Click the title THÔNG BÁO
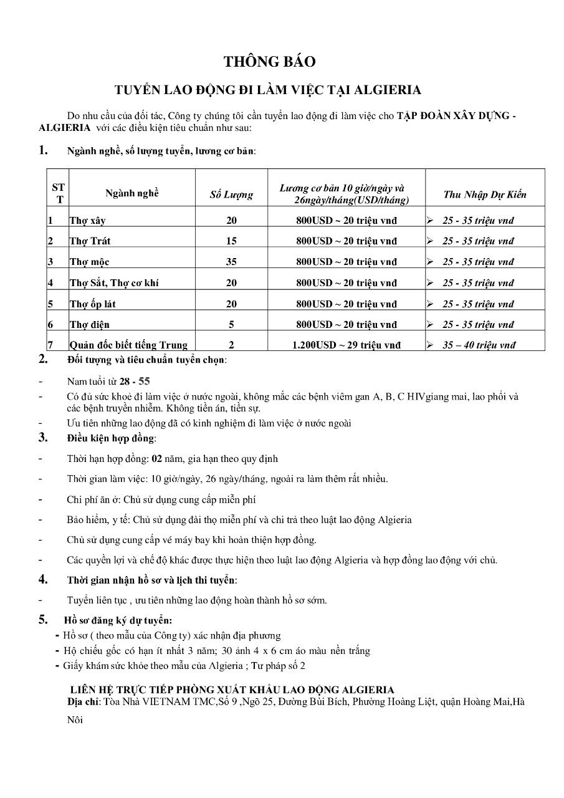click(270, 62)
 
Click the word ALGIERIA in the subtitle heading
click(388, 90)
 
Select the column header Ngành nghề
click(131, 193)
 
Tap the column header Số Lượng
click(231, 195)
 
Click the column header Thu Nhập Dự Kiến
click(484, 195)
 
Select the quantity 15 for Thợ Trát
click(231, 241)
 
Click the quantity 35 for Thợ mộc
click(231, 262)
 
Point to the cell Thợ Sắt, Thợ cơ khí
click(114, 283)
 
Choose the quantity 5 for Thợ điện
click(231, 325)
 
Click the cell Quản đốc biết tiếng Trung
click(128, 345)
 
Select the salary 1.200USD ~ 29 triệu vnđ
click(347, 345)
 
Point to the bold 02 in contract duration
click(157, 459)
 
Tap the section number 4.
click(43, 579)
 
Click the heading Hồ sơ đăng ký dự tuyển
click(118, 620)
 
